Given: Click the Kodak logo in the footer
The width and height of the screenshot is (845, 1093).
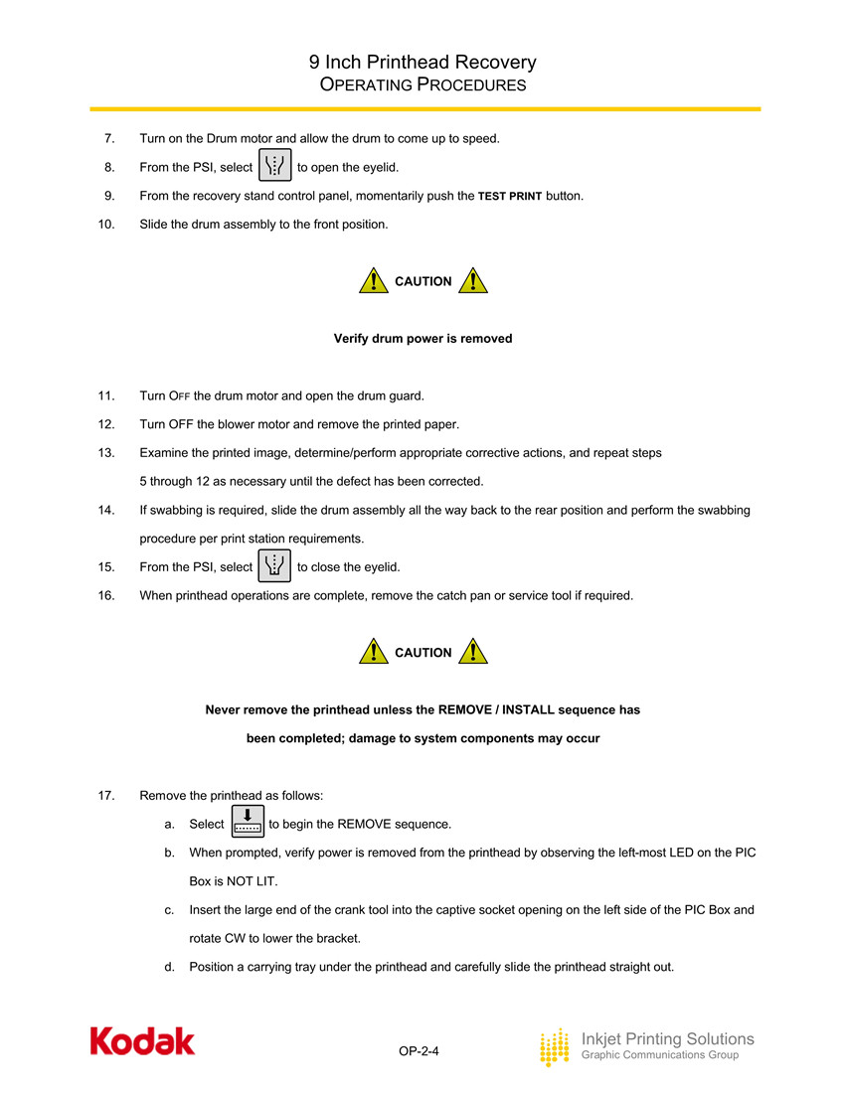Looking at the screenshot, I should click(142, 1040).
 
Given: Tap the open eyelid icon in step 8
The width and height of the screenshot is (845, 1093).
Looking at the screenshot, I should click(274, 166).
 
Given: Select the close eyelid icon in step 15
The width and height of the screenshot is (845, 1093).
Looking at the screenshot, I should click(274, 565).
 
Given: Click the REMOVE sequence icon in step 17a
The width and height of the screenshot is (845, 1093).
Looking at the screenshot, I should click(247, 822).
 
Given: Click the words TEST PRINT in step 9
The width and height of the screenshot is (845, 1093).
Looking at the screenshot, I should click(510, 197).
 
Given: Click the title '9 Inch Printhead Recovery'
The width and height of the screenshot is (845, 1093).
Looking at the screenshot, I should click(422, 63).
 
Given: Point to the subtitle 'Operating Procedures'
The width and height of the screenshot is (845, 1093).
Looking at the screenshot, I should click(422, 85).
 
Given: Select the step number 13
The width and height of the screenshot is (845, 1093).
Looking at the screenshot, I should click(106, 453).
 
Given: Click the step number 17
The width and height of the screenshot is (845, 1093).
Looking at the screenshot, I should click(106, 796).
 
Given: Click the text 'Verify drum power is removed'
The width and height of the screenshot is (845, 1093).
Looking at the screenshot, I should click(422, 339).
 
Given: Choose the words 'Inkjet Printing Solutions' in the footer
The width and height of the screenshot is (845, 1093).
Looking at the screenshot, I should click(667, 1038).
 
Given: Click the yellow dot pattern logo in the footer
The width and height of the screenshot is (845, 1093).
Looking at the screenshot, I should click(555, 1047).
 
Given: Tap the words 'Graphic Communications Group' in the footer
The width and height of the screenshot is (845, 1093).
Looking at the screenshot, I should click(659, 1055).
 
